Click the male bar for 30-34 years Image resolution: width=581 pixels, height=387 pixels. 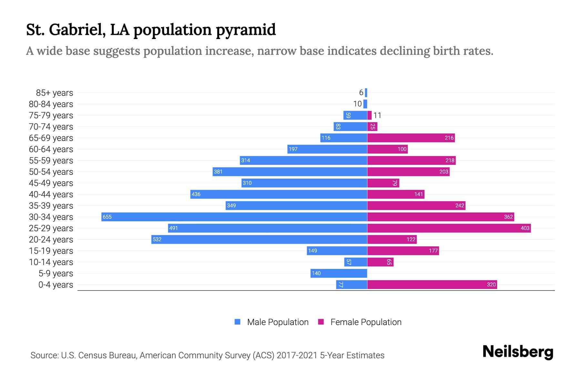234,217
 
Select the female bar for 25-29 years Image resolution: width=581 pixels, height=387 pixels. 449,228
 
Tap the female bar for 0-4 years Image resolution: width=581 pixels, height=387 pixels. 432,284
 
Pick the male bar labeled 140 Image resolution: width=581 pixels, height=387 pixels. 339,273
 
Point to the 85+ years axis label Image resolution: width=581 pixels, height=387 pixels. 54,93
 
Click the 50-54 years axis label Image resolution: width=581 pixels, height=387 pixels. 51,172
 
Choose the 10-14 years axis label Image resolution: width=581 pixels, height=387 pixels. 51,262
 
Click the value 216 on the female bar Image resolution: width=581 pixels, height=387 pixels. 449,138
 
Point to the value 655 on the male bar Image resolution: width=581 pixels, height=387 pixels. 107,217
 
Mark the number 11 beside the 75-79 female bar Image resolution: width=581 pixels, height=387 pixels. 377,115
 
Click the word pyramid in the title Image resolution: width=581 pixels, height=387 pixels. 246,30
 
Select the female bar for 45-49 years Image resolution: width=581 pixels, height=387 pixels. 383,183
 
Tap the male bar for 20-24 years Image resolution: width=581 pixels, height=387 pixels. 259,239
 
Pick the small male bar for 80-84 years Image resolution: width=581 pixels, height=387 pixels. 365,104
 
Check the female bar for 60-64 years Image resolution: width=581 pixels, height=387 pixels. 387,149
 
